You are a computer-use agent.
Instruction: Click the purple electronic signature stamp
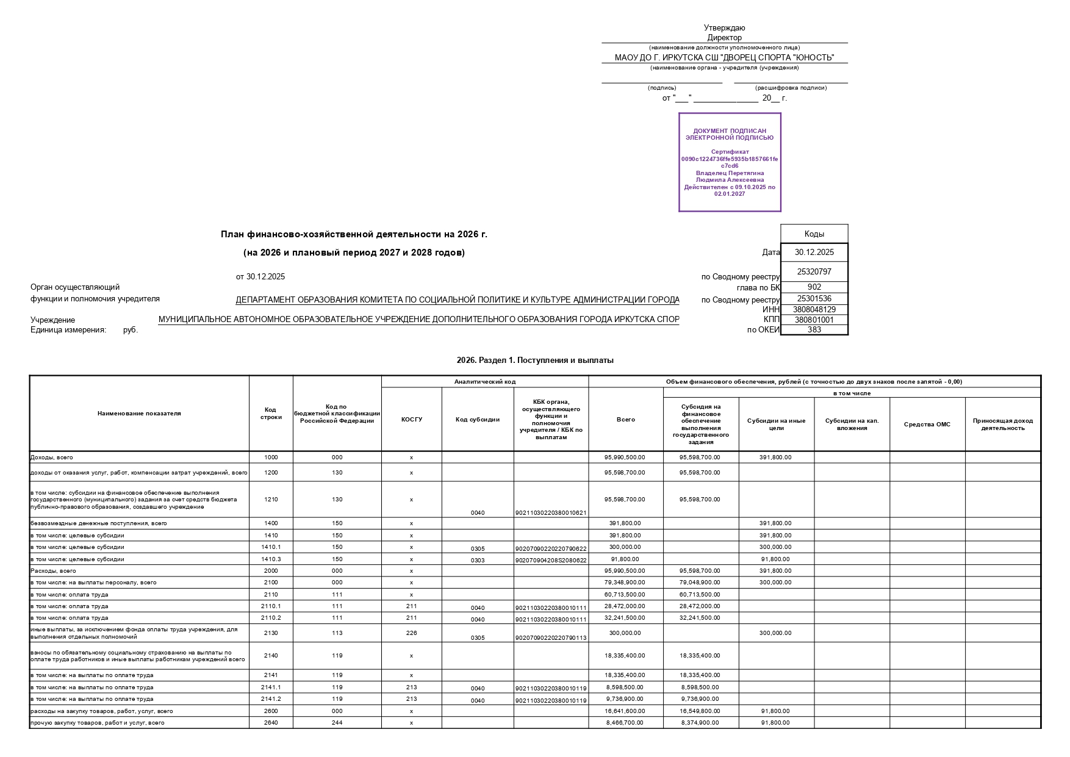730,162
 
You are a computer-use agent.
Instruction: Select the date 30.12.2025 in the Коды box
814,252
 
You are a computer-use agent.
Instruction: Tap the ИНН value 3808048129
814,309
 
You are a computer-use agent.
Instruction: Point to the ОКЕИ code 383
814,329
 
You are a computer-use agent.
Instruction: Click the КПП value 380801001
814,320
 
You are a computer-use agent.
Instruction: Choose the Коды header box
814,234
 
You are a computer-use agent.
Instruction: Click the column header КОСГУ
411,419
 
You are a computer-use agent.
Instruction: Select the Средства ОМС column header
927,424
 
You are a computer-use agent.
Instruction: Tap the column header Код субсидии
477,419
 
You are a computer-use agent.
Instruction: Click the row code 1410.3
271,559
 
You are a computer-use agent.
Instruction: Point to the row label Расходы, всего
54,571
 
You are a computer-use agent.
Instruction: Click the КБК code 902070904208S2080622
551,560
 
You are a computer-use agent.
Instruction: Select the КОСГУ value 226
411,633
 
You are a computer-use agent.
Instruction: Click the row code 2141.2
271,699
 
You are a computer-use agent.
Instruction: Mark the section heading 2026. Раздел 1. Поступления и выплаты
535,361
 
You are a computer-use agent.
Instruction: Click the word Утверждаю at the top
724,27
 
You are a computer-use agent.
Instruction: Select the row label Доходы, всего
52,457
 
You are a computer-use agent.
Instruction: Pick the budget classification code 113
337,633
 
